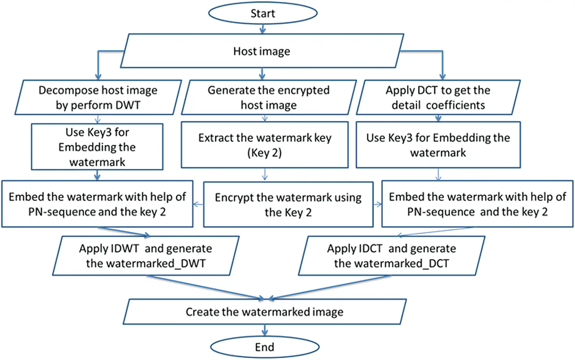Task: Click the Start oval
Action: (x=263, y=13)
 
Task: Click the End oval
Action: (x=265, y=347)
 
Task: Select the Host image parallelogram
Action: (x=262, y=51)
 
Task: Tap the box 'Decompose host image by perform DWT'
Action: (x=98, y=97)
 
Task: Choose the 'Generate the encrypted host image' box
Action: (x=269, y=97)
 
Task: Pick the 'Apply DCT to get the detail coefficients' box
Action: (x=438, y=97)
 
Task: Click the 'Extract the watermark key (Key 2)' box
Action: (x=265, y=145)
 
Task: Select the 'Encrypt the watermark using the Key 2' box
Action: (x=288, y=204)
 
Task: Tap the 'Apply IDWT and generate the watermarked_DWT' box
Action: (x=146, y=256)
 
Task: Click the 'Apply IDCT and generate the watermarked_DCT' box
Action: (x=391, y=256)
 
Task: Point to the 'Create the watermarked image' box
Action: (x=265, y=312)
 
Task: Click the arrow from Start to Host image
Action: (x=262, y=29)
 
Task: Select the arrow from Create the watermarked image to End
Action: (x=265, y=330)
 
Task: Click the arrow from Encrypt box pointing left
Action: (x=198, y=204)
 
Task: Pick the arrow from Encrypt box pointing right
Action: (x=378, y=204)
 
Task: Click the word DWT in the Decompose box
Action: (x=128, y=105)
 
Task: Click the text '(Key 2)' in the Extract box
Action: (x=265, y=153)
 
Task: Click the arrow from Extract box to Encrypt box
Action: (x=265, y=175)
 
